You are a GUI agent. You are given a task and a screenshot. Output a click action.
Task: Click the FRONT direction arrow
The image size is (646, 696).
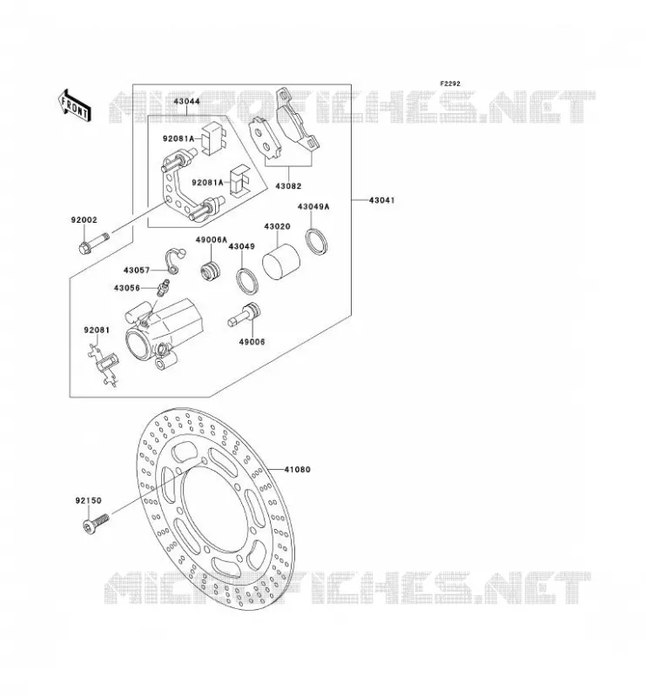(75, 105)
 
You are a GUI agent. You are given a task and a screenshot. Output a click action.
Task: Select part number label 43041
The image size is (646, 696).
(381, 200)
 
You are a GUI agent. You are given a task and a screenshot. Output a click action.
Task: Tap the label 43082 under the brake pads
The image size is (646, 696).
(288, 186)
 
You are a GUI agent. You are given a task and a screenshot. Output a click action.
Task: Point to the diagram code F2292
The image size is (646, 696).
(450, 84)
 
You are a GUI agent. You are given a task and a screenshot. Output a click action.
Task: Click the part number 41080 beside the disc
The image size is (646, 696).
(297, 469)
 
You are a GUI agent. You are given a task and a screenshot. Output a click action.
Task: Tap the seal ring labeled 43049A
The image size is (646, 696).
(316, 242)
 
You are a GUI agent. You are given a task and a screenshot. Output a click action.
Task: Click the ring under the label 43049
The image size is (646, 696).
(246, 281)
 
